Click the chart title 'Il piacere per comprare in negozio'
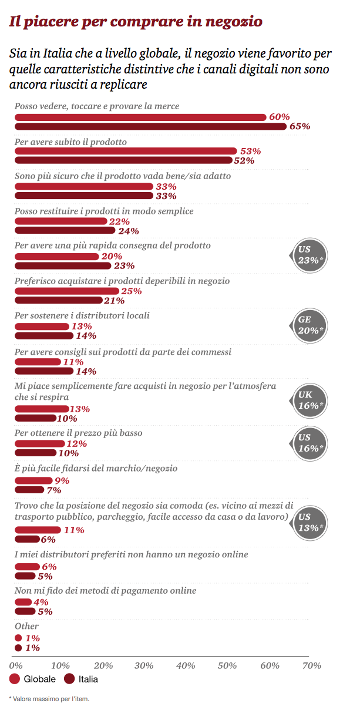[136, 22]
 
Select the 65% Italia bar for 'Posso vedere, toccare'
[150, 126]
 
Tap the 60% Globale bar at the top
[140, 117]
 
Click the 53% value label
[250, 151]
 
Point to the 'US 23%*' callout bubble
[309, 254]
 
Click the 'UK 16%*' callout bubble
[309, 401]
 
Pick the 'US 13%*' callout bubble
[309, 521]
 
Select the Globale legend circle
[15, 679]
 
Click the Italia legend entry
[82, 679]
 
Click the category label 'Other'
[26, 626]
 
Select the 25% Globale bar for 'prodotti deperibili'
[66, 291]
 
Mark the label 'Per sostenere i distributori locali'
[82, 315]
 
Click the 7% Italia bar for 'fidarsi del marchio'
[29, 490]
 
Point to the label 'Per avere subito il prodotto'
[70, 142]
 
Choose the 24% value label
[129, 231]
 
